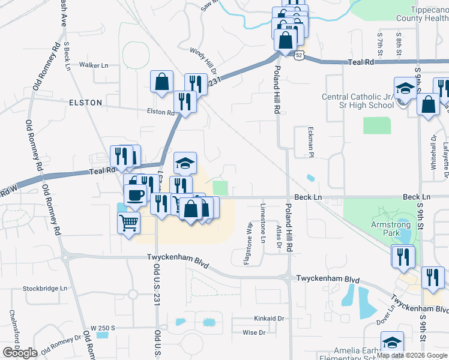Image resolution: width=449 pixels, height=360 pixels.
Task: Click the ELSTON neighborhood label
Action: tap(86, 103)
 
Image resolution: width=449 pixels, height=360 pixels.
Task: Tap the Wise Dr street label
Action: tap(254, 332)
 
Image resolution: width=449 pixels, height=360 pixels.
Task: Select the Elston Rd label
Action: tap(160, 112)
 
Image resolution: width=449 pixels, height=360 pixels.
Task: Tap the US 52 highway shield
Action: tap(298, 55)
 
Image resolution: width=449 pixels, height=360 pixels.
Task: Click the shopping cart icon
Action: tap(128, 223)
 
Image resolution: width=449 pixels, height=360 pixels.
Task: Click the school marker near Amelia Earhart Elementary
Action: tap(392, 343)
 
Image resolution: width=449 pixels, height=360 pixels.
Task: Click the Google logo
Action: tap(20, 352)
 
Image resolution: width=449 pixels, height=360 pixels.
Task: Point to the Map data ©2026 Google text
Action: tap(412, 355)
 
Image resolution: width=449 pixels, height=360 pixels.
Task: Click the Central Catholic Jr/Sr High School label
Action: tap(357, 101)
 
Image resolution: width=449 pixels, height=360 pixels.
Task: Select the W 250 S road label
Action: tap(102, 328)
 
